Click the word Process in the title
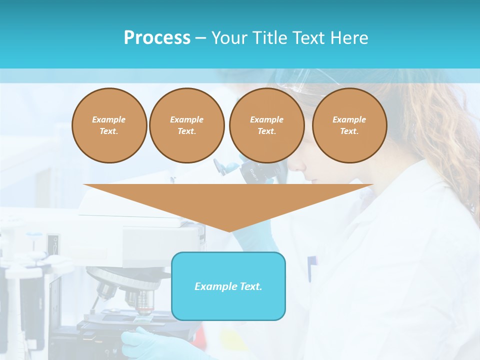point(157,38)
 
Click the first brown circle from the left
point(109,125)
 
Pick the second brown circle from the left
point(186,125)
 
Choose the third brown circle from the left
point(266,125)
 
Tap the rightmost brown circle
point(349,125)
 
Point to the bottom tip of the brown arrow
point(229,231)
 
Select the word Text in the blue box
point(249,286)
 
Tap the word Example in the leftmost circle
point(109,119)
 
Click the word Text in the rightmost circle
point(349,131)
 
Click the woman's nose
point(303,172)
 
